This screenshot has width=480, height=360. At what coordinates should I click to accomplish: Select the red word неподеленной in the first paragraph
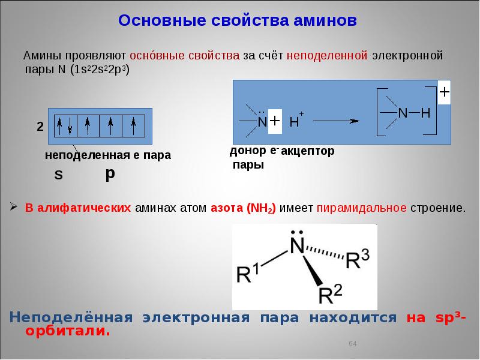(x=328, y=56)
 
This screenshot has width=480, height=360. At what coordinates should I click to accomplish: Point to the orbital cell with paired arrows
(x=65, y=125)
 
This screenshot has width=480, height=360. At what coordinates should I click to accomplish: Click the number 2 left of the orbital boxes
(x=40, y=127)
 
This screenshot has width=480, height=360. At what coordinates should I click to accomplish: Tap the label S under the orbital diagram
(x=58, y=175)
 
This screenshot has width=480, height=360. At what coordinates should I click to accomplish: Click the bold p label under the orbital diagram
(x=110, y=173)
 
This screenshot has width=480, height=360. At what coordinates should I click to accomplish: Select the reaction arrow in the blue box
(x=336, y=121)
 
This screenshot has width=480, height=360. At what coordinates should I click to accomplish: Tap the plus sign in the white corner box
(x=444, y=93)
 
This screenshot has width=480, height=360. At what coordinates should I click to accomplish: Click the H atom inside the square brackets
(x=425, y=113)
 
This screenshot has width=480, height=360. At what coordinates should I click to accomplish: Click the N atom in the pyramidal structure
(x=295, y=245)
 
